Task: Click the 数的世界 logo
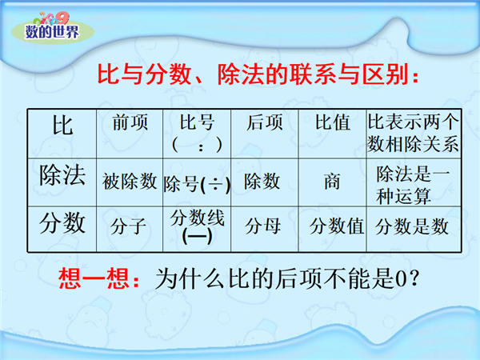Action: tap(53, 28)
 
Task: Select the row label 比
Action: tap(62, 125)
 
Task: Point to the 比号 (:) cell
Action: tap(197, 133)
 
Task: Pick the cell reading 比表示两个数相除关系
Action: tap(414, 133)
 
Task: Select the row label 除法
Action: tap(62, 174)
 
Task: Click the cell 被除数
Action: tap(130, 181)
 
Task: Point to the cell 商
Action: tap(332, 182)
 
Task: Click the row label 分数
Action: tap(62, 223)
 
